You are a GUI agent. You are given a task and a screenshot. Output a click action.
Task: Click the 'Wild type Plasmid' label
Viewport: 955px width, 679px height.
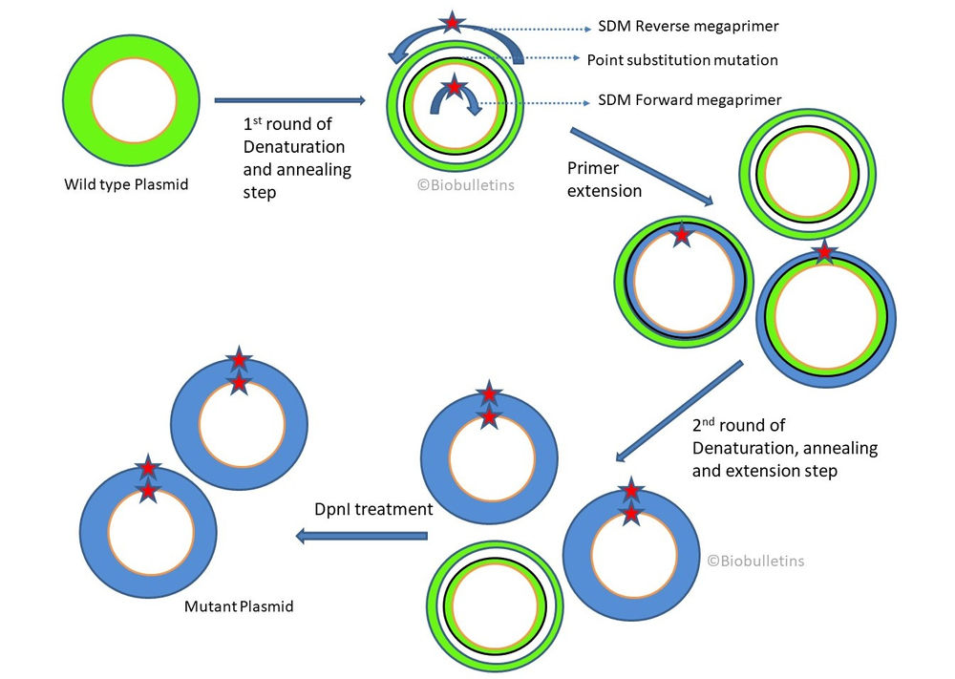[126, 184]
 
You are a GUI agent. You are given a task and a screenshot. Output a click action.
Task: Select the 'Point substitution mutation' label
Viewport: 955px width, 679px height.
[682, 60]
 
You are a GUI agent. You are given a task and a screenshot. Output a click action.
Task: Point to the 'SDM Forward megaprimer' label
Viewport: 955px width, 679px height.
[690, 99]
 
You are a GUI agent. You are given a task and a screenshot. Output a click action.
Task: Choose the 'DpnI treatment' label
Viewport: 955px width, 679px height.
[373, 510]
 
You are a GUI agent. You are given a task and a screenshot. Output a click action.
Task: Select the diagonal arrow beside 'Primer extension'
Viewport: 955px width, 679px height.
[642, 165]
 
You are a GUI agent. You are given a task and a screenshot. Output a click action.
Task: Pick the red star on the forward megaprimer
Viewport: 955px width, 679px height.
[455, 87]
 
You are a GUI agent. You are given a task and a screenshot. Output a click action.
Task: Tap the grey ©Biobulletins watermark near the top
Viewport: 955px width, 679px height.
[465, 184]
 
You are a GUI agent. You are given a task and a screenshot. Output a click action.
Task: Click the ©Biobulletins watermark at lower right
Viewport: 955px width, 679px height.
[755, 561]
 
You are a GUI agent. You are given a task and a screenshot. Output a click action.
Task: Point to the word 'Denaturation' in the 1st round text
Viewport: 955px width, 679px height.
[294, 147]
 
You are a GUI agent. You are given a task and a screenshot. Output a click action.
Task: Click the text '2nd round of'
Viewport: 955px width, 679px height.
[739, 426]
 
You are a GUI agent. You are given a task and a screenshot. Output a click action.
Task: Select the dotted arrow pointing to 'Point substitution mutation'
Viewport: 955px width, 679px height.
[549, 59]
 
